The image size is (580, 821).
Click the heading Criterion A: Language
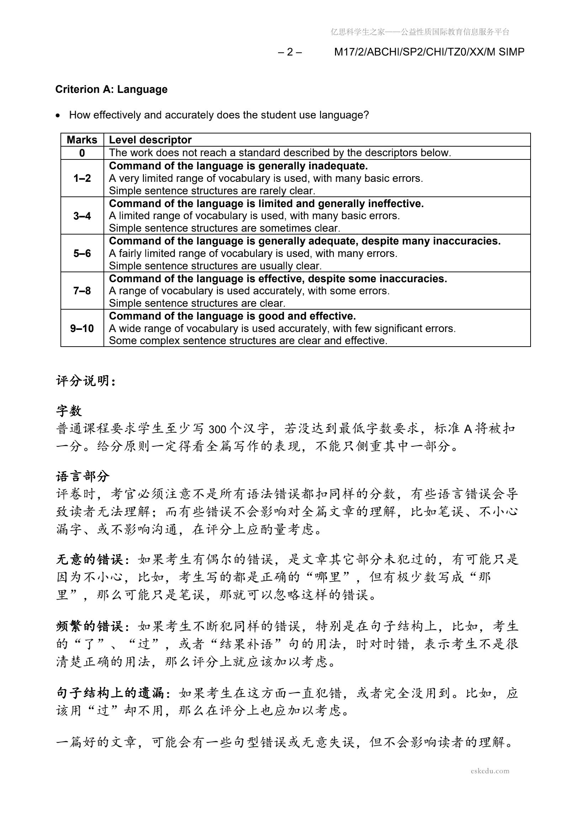coord(111,89)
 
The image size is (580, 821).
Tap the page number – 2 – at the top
coord(289,52)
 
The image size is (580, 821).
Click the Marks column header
coord(82,140)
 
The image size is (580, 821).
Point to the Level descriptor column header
coord(150,140)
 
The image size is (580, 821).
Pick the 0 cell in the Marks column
coord(82,153)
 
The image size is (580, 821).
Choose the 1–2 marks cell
coord(82,178)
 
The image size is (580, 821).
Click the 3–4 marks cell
coord(82,216)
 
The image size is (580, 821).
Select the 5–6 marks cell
coord(82,253)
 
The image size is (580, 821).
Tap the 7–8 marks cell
coord(82,291)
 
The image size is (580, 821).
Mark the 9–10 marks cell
coord(82,328)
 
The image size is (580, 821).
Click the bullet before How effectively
coord(58,116)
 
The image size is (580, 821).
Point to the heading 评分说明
coord(86,381)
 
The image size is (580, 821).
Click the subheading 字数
coord(69,411)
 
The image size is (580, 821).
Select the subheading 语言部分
coord(83,476)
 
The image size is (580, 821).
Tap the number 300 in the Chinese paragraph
coord(217,429)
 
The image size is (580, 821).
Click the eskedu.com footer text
coord(490,771)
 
